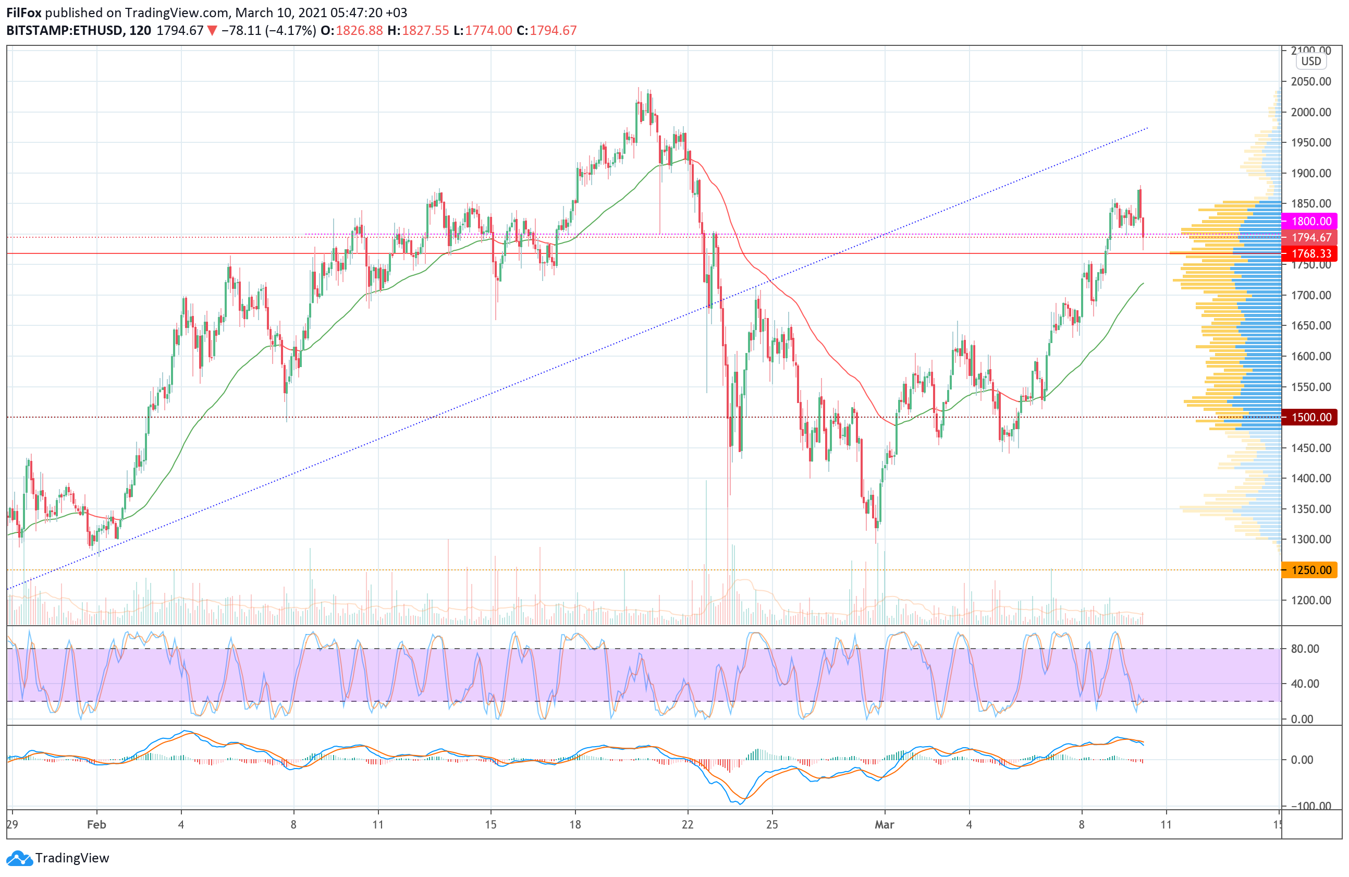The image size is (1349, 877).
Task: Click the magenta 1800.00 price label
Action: (x=1310, y=221)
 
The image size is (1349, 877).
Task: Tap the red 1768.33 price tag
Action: (x=1310, y=253)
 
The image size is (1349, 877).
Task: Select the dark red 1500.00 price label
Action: (x=1310, y=417)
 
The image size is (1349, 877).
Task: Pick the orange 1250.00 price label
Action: (x=1310, y=570)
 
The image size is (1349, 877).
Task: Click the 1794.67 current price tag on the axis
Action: (x=1310, y=238)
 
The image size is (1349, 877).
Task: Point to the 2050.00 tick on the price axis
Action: (x=1310, y=82)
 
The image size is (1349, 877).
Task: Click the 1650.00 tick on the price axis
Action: (x=1310, y=325)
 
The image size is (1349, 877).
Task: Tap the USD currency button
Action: (x=1310, y=61)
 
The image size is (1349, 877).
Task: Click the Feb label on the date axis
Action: (x=96, y=824)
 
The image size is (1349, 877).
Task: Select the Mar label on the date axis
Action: (x=884, y=824)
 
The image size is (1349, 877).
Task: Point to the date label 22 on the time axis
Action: (x=688, y=824)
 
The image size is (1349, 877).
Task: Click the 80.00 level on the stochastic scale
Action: (x=1305, y=649)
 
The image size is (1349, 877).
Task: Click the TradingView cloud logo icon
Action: (x=20, y=858)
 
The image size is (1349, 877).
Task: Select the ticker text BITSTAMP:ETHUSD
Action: (x=65, y=31)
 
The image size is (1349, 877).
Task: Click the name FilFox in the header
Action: (x=24, y=13)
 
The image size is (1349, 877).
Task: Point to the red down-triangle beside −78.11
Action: (x=212, y=31)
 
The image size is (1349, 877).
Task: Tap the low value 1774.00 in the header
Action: (x=488, y=31)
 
